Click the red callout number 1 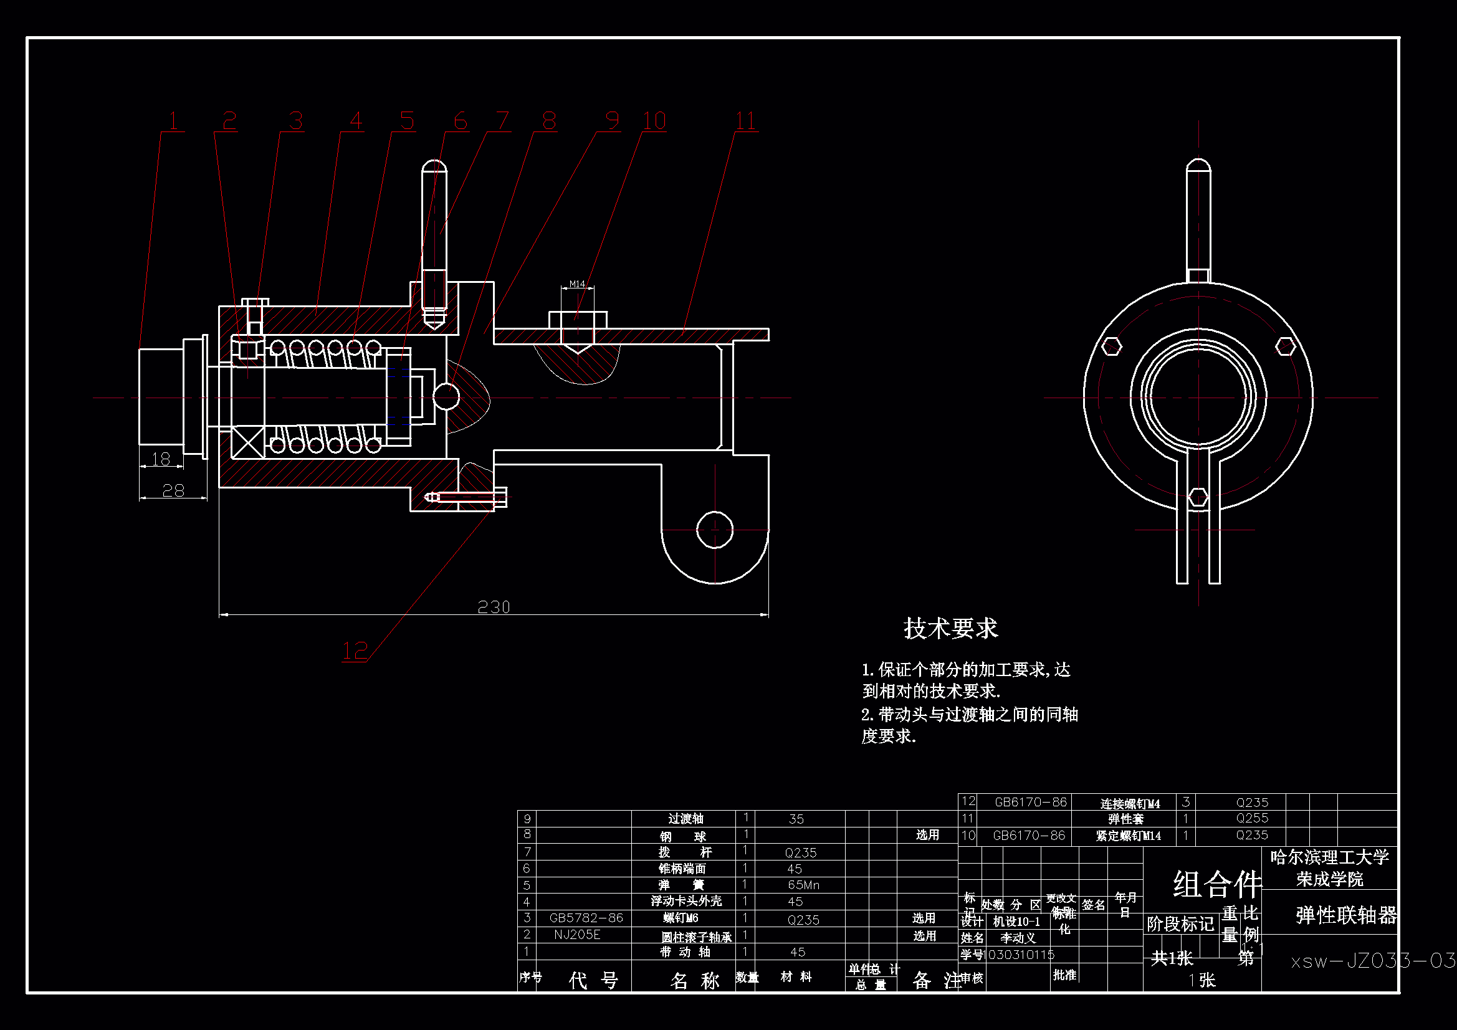pyautogui.click(x=173, y=121)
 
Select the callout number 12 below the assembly pyautogui.click(x=355, y=651)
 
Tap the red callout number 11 pyautogui.click(x=745, y=121)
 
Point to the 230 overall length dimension pyautogui.click(x=494, y=608)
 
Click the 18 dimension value pyautogui.click(x=161, y=458)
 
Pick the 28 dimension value pyautogui.click(x=173, y=490)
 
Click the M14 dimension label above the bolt pyautogui.click(x=577, y=284)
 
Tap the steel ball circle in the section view pyautogui.click(x=446, y=397)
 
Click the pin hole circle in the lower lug pyautogui.click(x=715, y=529)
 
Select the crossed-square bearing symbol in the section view pyautogui.click(x=247, y=442)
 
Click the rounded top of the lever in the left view pyautogui.click(x=435, y=168)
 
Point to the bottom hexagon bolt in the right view pyautogui.click(x=1198, y=497)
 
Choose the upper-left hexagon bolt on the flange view pyautogui.click(x=1111, y=346)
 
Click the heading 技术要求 pyautogui.click(x=950, y=628)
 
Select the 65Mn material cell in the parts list pyautogui.click(x=803, y=885)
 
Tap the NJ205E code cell pyautogui.click(x=577, y=934)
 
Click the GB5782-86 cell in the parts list pyautogui.click(x=586, y=918)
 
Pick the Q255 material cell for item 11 pyautogui.click(x=1252, y=818)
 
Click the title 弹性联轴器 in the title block pyautogui.click(x=1346, y=915)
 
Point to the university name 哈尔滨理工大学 pyautogui.click(x=1329, y=857)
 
